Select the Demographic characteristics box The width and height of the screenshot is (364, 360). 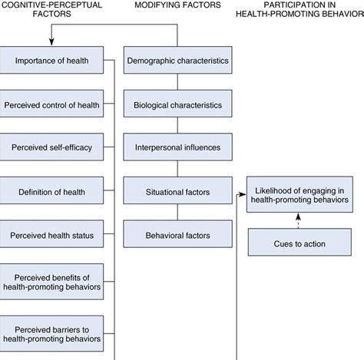[x=177, y=61]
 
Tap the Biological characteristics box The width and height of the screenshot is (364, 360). [x=177, y=104]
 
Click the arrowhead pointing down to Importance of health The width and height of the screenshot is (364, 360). [x=51, y=42]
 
